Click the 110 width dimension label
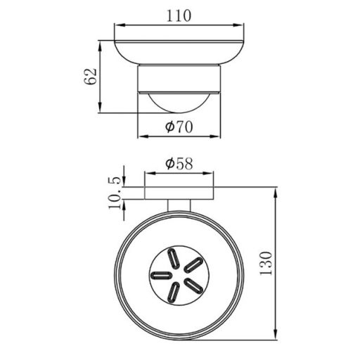pos(179,15)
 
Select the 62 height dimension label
pos(90,77)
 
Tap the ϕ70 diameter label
pos(179,127)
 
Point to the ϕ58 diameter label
pos(179,163)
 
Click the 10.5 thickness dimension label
pos(115,193)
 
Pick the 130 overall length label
pos(266,263)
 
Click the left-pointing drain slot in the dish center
pos(161,275)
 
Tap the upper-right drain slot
pos(193,265)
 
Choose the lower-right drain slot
pos(193,285)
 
